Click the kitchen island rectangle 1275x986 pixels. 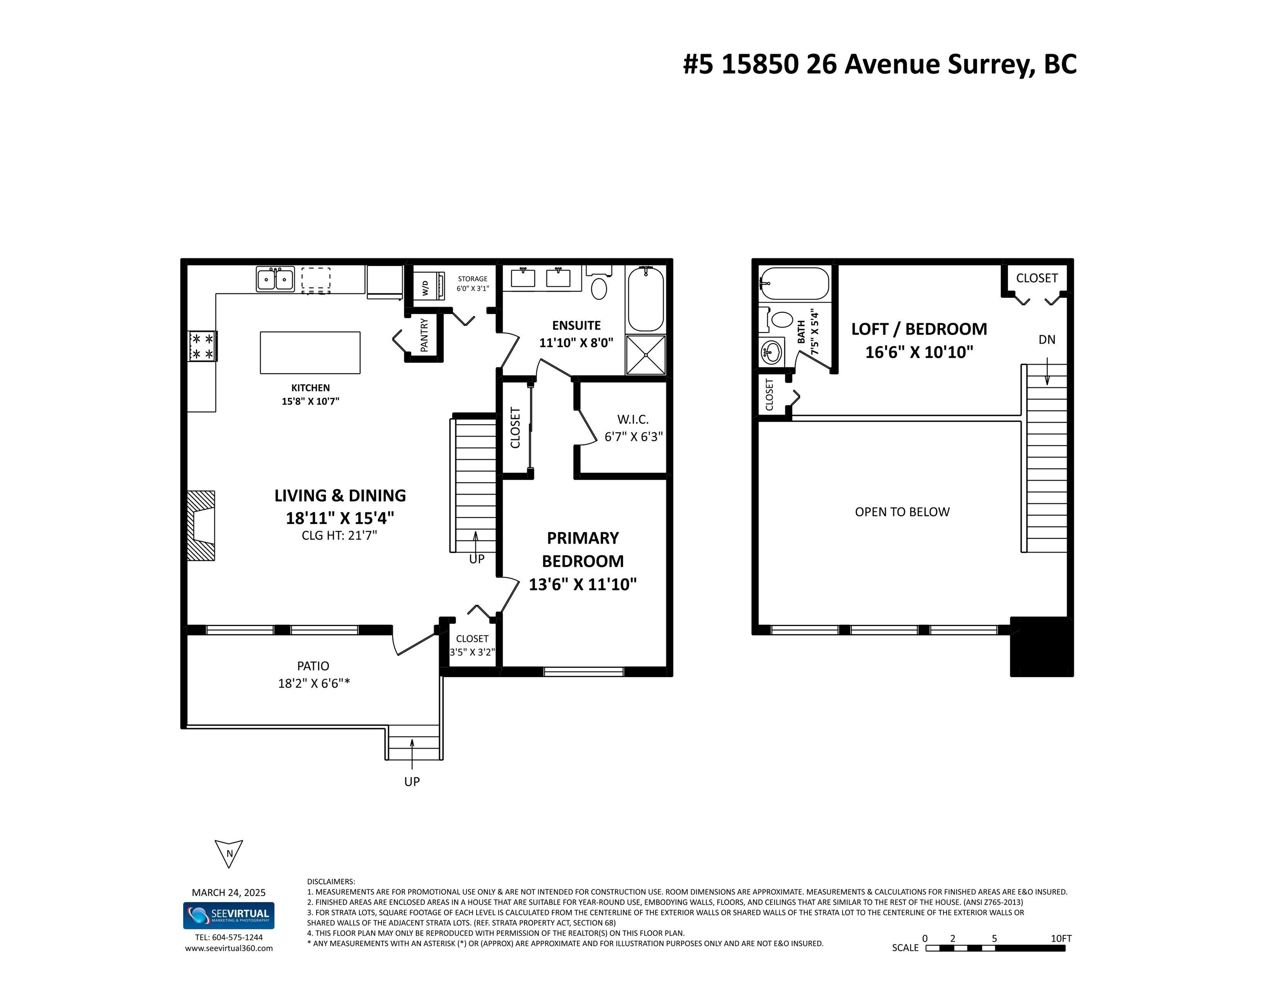point(310,353)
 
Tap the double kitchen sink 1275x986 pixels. point(276,279)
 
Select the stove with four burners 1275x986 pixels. point(202,346)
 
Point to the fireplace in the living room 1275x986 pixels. point(201,526)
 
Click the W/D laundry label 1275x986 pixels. point(425,288)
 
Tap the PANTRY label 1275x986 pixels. point(424,335)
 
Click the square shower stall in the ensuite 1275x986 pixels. point(646,355)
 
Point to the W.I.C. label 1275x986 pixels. point(633,419)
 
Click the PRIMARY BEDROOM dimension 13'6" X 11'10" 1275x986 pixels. point(583,584)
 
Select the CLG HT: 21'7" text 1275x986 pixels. point(339,535)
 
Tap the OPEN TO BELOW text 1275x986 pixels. point(902,512)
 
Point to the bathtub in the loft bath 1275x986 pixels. point(795,284)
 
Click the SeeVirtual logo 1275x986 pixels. point(229,915)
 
